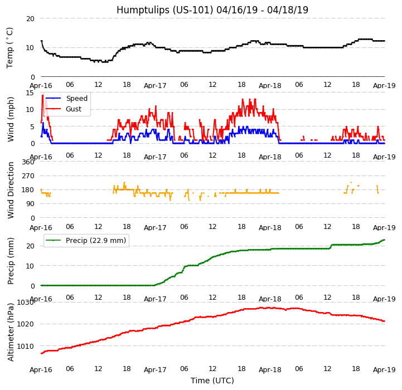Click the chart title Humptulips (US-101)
212,10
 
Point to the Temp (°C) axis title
10,47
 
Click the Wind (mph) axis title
11,119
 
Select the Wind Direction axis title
11,190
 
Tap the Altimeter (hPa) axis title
11,332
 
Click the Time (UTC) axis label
212,381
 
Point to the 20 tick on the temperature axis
30,18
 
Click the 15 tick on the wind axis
30,93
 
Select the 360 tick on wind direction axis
28,162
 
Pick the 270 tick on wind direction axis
28,176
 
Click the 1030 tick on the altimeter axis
26,303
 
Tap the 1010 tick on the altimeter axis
26,346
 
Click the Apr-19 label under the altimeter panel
384,370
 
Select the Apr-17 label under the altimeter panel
155,370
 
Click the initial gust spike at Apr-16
42,95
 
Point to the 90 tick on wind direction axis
30,204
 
